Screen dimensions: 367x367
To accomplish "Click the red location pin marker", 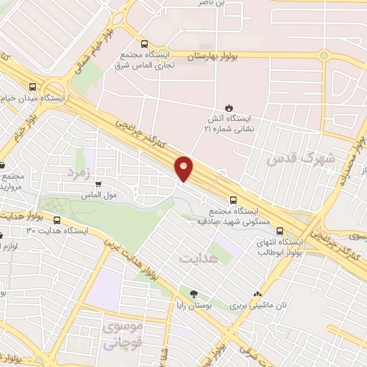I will (184, 168).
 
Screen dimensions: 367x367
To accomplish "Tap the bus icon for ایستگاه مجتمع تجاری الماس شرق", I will (146, 44).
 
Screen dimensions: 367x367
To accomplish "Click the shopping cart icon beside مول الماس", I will (109, 184).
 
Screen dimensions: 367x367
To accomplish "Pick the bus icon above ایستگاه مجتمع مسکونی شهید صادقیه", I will (233, 201).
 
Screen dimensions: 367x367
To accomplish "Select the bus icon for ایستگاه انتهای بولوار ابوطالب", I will (280, 232).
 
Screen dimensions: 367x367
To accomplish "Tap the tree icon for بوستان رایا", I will (194, 294).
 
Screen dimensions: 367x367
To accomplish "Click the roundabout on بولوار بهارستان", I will (323, 54).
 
